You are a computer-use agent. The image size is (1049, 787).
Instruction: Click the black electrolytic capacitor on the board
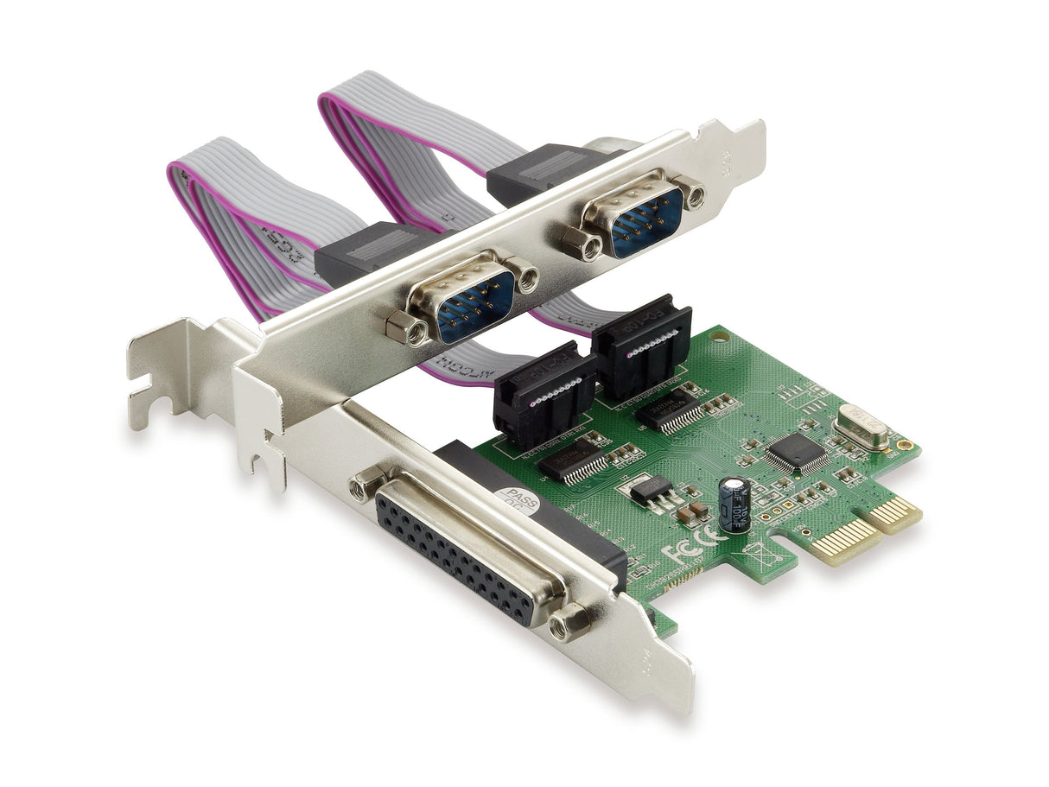click(734, 505)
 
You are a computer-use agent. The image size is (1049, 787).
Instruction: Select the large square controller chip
click(796, 453)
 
